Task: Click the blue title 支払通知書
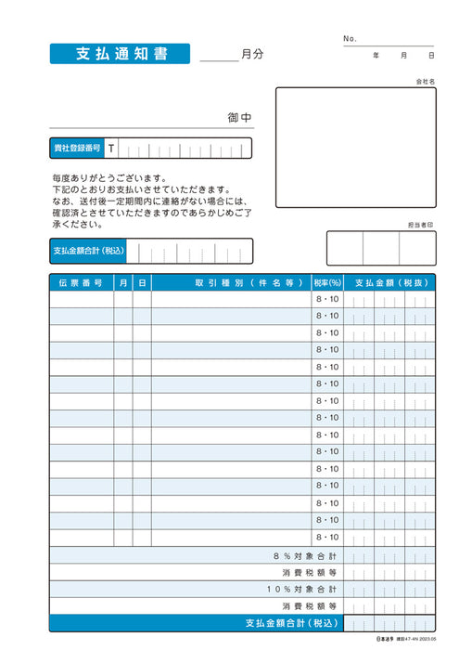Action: click(121, 54)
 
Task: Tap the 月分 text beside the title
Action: click(251, 54)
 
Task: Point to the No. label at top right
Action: click(350, 38)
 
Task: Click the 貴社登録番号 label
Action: click(77, 149)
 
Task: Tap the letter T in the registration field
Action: click(111, 149)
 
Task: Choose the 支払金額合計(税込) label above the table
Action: click(87, 251)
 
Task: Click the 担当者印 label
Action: click(419, 225)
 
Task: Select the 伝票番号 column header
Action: click(81, 281)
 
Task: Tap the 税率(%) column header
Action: click(327, 281)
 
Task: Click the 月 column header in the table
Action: click(123, 281)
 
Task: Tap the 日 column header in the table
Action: click(142, 281)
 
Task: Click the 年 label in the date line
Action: click(376, 56)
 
